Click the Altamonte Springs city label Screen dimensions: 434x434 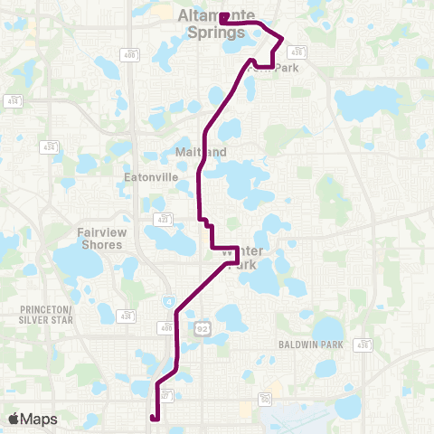pyautogui.click(x=212, y=24)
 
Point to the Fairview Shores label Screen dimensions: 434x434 pyautogui.click(x=101, y=238)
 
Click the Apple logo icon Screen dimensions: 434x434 pyautogui.click(x=14, y=419)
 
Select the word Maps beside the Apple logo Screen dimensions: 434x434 pyautogui.click(x=39, y=419)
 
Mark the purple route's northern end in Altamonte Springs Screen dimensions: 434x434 pyautogui.click(x=222, y=15)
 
